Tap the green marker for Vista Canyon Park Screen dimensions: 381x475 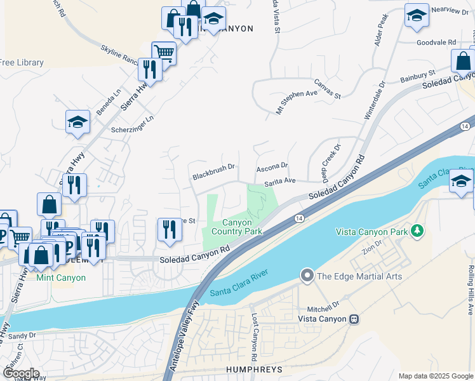point(417,229)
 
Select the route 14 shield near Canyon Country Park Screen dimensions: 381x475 point(297,218)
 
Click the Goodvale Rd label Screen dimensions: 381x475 point(437,42)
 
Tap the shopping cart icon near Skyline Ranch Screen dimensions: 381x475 point(163,52)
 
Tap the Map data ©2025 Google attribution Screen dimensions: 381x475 point(435,376)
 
